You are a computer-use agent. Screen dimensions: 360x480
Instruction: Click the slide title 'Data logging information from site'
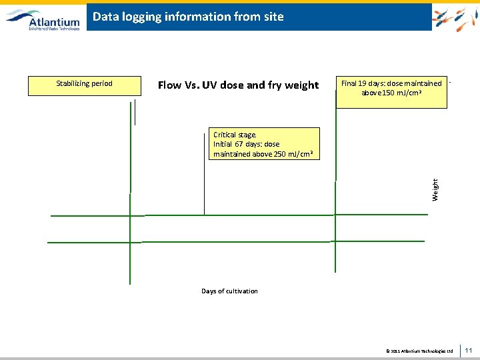tap(188, 17)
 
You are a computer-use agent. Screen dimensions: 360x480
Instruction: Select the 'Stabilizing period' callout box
tap(85, 86)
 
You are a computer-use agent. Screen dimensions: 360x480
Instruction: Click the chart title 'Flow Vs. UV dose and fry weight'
tap(238, 85)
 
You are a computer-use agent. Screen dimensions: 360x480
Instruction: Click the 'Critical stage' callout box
tap(263, 145)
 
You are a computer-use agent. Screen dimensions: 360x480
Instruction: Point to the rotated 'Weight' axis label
tap(435, 189)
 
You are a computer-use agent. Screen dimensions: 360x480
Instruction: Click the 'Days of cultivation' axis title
tap(229, 291)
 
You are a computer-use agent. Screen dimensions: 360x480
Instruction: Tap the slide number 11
tap(469, 350)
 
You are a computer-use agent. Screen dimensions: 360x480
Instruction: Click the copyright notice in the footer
tap(419, 351)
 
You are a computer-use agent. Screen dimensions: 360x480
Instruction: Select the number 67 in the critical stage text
tap(239, 144)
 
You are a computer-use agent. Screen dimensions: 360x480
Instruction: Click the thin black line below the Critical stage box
tap(204, 187)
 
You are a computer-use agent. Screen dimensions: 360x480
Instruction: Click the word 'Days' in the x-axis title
tap(209, 291)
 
